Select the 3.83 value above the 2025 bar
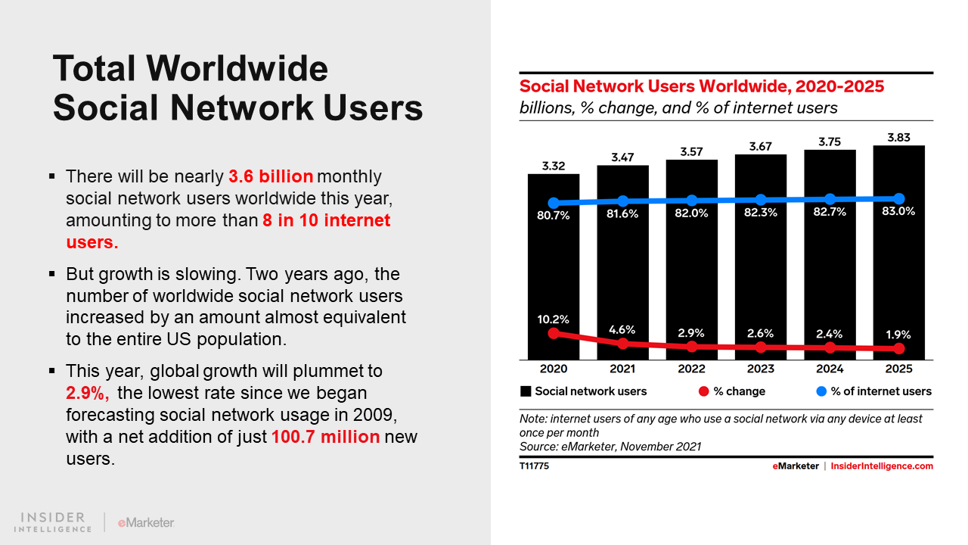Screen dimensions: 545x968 click(x=899, y=136)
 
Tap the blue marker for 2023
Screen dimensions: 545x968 click(x=761, y=200)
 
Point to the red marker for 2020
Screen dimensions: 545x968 click(x=554, y=333)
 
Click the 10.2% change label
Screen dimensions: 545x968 click(x=554, y=319)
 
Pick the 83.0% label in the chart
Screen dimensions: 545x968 click(x=899, y=212)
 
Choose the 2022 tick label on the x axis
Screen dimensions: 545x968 click(x=691, y=369)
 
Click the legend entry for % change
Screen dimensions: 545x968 click(x=731, y=391)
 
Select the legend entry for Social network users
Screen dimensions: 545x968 click(x=583, y=391)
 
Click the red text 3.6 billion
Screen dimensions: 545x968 click(x=271, y=177)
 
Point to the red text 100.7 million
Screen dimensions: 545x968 click(x=325, y=437)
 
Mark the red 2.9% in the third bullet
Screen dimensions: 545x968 click(x=87, y=394)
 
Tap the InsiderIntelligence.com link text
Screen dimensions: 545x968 click(x=882, y=466)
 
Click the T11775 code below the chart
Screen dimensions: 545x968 click(x=534, y=466)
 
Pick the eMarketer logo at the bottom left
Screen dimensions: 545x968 click(x=146, y=522)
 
